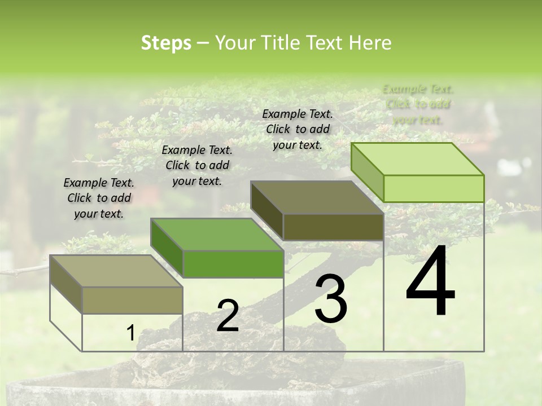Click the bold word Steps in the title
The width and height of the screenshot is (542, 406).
[166, 43]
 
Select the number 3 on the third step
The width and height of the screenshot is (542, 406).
[331, 298]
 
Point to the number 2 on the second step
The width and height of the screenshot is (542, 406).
[228, 316]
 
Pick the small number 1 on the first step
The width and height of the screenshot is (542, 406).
[130, 333]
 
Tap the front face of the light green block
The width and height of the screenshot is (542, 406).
[434, 188]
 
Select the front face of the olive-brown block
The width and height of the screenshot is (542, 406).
[333, 227]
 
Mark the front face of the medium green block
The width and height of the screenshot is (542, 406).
[233, 264]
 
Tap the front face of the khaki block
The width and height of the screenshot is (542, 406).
[132, 301]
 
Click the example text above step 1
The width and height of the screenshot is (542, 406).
[99, 198]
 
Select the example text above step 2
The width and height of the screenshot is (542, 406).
[197, 165]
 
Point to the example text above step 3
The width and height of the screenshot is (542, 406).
[298, 129]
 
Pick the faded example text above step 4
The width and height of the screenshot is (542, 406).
[418, 104]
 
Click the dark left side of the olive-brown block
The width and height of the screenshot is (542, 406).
[266, 210]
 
